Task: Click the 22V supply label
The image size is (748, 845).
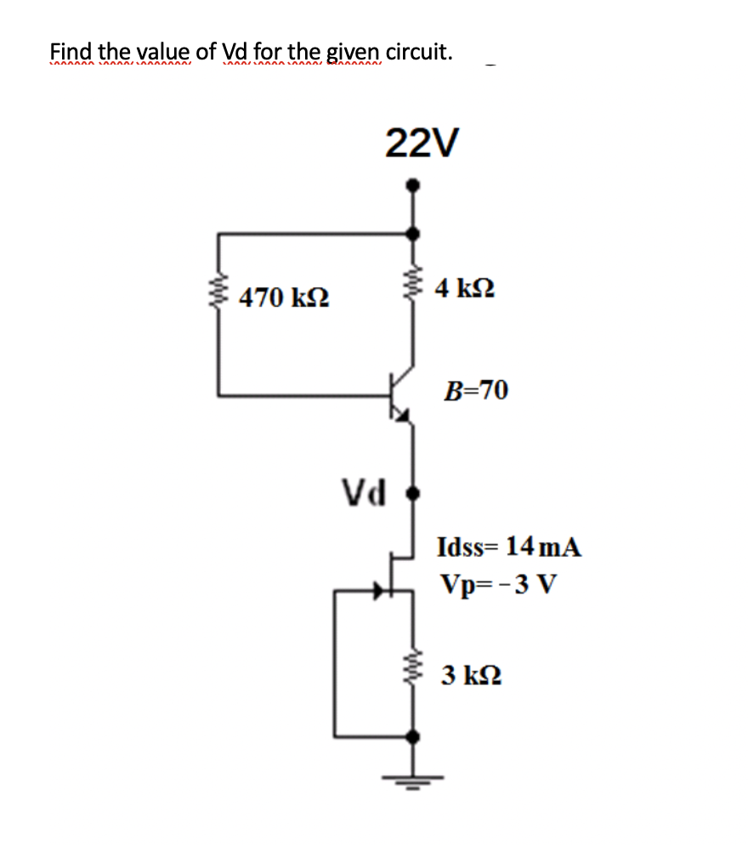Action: click(422, 143)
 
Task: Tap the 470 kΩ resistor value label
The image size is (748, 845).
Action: click(285, 298)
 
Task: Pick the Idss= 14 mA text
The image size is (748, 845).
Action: click(509, 547)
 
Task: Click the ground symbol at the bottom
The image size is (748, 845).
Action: click(414, 778)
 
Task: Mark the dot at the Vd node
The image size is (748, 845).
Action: click(414, 492)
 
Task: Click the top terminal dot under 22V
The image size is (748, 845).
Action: click(413, 184)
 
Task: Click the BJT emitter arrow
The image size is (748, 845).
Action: click(403, 416)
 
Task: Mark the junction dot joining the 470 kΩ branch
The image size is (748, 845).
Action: click(413, 233)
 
